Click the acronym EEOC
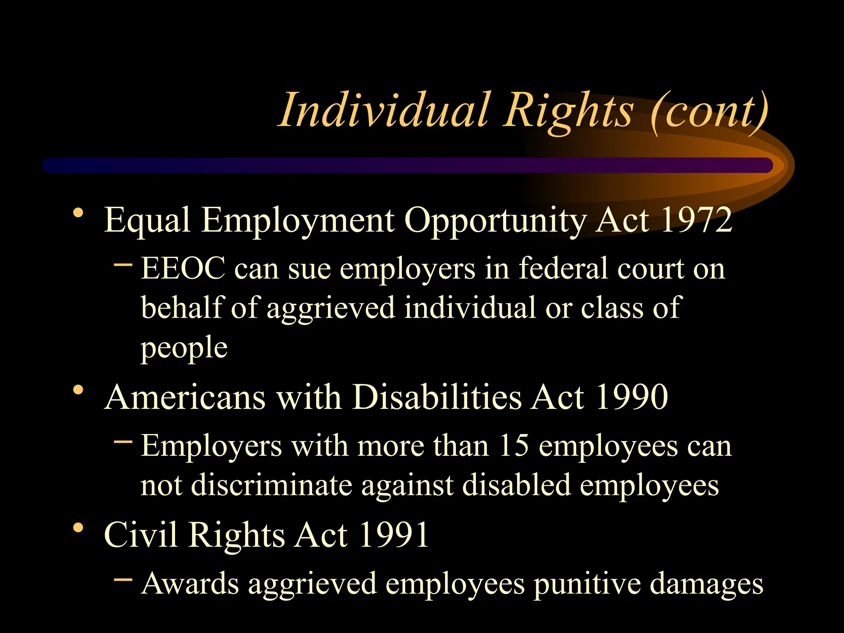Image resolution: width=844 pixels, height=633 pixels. tap(183, 269)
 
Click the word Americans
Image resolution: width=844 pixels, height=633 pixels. tap(185, 397)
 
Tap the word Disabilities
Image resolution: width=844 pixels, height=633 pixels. tap(436, 397)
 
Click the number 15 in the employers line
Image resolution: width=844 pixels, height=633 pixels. tap(513, 446)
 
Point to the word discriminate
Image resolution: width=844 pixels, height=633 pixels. tap(272, 485)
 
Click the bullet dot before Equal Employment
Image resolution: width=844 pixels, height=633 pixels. tap(78, 213)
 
